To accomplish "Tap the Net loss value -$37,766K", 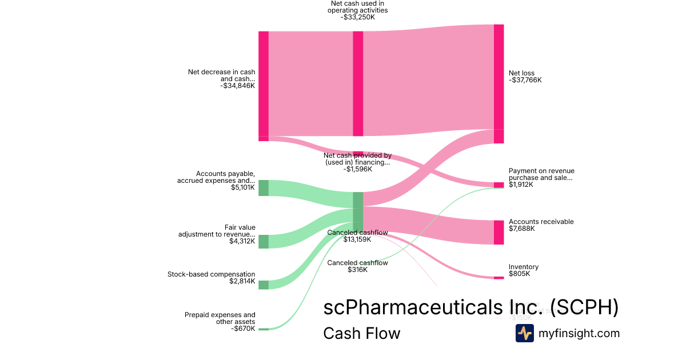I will (x=525, y=80).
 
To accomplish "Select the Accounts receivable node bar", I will (x=498, y=233).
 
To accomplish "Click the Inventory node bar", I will (x=498, y=278).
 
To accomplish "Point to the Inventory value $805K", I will (x=519, y=274).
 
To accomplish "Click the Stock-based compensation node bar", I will (x=263, y=285).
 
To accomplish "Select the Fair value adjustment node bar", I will (x=263, y=241).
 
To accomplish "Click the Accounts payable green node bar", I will (x=263, y=188).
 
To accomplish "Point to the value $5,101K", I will (x=243, y=187).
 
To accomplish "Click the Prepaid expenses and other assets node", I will (x=263, y=329).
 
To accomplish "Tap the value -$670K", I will (x=244, y=328).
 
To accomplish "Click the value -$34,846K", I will (x=237, y=86).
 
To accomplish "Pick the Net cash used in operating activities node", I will (x=358, y=83).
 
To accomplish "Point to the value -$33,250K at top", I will (x=357, y=17).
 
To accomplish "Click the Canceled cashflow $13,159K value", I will (x=357, y=239).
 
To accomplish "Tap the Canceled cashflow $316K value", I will (x=357, y=270).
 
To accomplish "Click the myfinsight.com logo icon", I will (x=524, y=333).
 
